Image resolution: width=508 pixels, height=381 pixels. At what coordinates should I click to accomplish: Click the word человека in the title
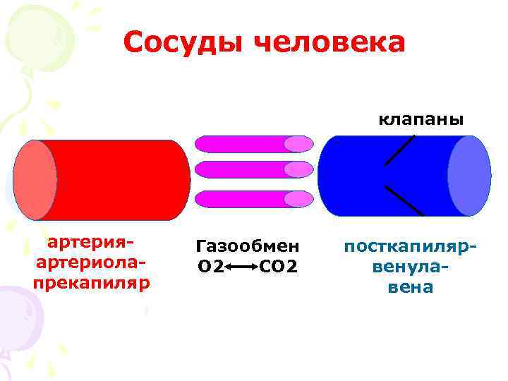(x=329, y=43)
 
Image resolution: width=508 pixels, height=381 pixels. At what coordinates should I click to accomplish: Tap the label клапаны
(x=421, y=119)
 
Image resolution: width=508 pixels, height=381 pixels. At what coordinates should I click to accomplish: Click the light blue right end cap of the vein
(x=469, y=175)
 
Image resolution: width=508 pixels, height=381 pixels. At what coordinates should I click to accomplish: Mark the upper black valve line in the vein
(x=399, y=150)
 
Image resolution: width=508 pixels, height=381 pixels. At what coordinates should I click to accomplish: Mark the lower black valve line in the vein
(x=404, y=200)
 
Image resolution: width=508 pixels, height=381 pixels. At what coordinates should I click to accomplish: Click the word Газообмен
(x=247, y=247)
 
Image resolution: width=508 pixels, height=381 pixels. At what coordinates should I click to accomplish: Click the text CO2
(x=279, y=267)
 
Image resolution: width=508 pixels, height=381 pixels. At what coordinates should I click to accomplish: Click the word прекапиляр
(x=90, y=284)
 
